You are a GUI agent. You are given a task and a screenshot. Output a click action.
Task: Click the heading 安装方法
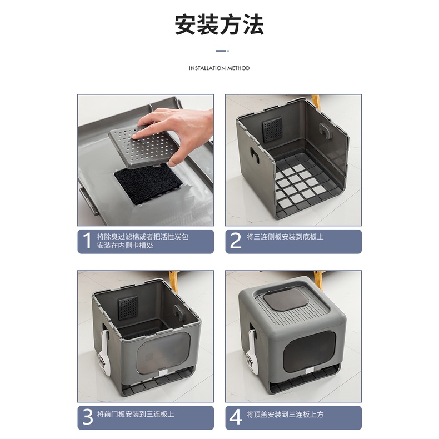[219, 25]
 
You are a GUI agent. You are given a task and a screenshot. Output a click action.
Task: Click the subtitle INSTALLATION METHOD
[219, 68]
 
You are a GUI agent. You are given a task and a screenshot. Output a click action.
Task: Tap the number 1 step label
[88, 241]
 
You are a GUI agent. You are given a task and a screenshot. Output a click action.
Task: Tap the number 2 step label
[235, 241]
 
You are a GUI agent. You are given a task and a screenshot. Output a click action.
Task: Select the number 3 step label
[88, 417]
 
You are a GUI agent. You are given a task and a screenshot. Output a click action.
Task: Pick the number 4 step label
[236, 417]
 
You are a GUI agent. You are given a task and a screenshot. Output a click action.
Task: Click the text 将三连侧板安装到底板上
[285, 237]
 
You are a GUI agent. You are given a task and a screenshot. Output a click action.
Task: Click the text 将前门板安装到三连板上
[136, 414]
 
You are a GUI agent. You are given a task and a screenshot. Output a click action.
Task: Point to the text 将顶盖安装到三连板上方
[285, 414]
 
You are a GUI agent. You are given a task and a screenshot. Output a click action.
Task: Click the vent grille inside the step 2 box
[272, 129]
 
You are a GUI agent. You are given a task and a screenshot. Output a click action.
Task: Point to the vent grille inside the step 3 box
[128, 308]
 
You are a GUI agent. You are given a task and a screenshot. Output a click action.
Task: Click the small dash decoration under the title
[222, 51]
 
